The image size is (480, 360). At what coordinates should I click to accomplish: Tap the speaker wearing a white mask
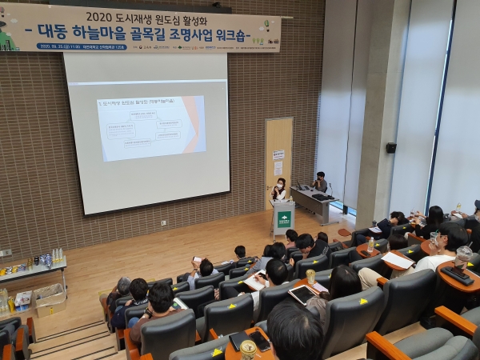tap(280, 190)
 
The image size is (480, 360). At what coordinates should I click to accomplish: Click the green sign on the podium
tap(284, 217)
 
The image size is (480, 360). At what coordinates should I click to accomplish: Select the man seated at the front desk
tap(321, 182)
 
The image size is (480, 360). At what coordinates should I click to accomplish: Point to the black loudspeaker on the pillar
tap(391, 147)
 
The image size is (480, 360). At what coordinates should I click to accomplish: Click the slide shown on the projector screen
tap(151, 128)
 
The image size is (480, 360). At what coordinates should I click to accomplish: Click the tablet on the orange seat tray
tap(303, 294)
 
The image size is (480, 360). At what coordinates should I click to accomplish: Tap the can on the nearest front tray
tap(248, 349)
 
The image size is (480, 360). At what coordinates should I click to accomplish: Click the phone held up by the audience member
tap(196, 259)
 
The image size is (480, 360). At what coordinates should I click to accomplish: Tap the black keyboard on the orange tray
tap(457, 274)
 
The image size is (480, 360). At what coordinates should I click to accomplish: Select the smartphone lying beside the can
tap(260, 342)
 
